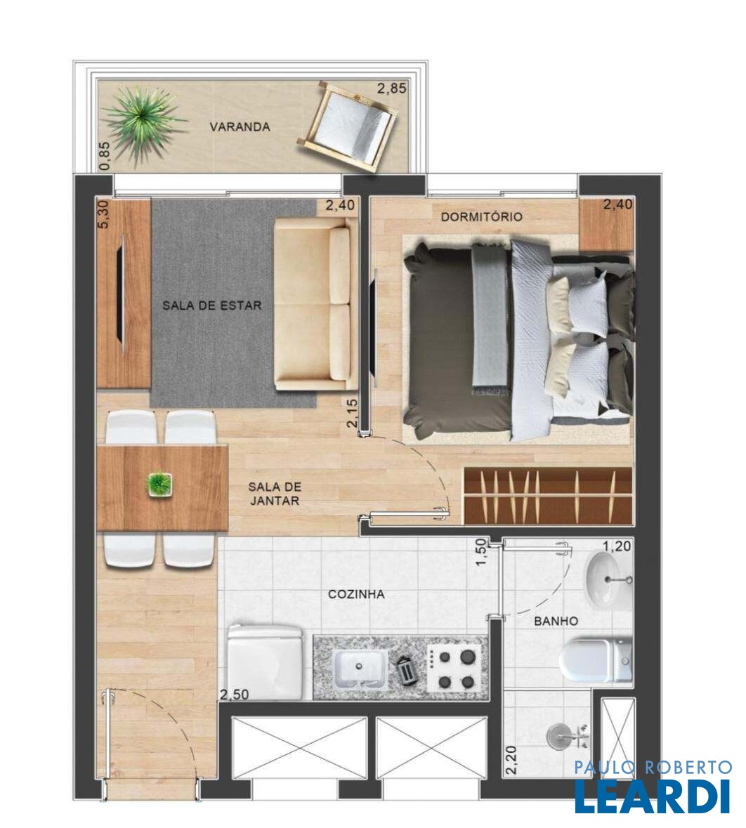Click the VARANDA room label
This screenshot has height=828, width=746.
pyautogui.click(x=240, y=126)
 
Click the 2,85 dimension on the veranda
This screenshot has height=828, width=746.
pyautogui.click(x=392, y=88)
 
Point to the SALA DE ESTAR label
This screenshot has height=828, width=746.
pyautogui.click(x=212, y=305)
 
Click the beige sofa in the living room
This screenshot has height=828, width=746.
pyautogui.click(x=313, y=305)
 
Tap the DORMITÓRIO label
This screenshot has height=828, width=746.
pyautogui.click(x=481, y=216)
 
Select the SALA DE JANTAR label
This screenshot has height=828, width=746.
pyautogui.click(x=275, y=494)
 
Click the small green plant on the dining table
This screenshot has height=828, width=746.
pyautogui.click(x=160, y=485)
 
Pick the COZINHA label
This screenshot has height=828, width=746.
pyautogui.click(x=356, y=594)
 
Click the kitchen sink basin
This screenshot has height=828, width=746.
pyautogui.click(x=360, y=667)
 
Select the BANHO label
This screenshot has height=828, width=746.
pyautogui.click(x=556, y=621)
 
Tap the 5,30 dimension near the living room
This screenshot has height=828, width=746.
pyautogui.click(x=103, y=214)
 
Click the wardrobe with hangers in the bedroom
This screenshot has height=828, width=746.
pyautogui.click(x=548, y=496)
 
